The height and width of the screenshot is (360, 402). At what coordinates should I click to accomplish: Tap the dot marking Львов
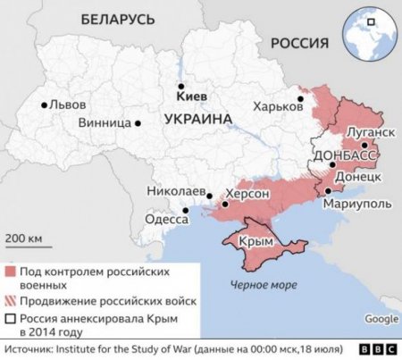point(44,105)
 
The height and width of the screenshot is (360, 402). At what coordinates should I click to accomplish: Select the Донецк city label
point(359,177)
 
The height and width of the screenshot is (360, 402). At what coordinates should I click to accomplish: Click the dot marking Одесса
point(186,212)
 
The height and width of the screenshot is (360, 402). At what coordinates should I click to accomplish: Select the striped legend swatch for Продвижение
point(11,300)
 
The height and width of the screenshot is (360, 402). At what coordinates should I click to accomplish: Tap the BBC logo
point(378,349)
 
